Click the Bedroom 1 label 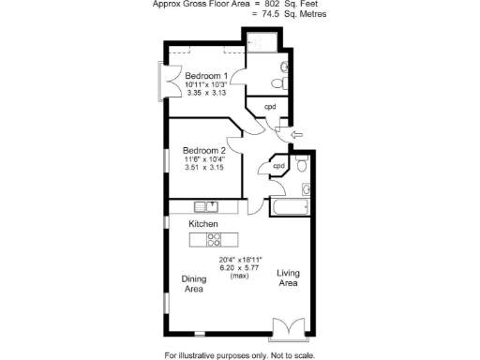pos(204,76)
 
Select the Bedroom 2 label pos(203,151)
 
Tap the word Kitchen pos(203,225)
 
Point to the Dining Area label pos(193,284)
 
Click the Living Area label pos(287,277)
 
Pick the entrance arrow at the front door pos(297,137)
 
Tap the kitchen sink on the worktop pos(206,206)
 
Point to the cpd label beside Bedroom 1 pos(269,107)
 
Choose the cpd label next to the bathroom pos(278,166)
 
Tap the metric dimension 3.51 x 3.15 pos(203,168)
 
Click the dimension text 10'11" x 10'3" pos(204,85)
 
